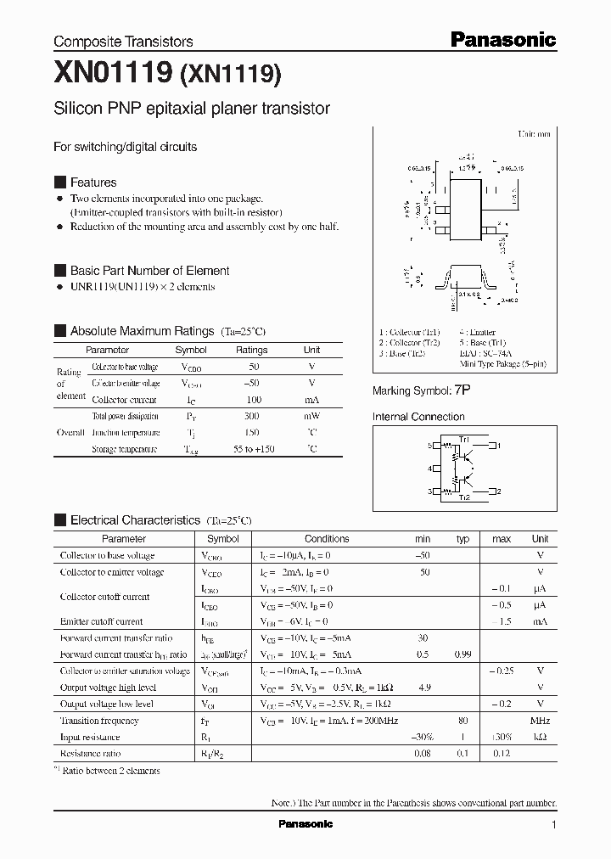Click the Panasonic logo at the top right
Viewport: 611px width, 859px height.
coord(502,39)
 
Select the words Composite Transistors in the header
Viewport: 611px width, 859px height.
coord(123,42)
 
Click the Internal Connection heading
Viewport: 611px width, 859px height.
coord(418,417)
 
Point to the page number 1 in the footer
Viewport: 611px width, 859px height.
coord(554,825)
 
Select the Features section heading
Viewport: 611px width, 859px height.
coord(92,182)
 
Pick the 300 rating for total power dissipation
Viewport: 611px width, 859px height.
coord(251,417)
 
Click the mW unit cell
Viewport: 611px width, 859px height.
coord(311,417)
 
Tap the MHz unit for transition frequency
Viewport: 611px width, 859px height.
coord(540,721)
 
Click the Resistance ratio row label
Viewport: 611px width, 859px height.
coord(90,753)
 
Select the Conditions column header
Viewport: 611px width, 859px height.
coord(327,539)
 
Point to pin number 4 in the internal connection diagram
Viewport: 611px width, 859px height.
coord(430,469)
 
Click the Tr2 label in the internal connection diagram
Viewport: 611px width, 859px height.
coord(464,497)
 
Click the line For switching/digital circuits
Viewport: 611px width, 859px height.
coord(125,147)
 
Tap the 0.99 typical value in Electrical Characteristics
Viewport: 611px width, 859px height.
coord(462,655)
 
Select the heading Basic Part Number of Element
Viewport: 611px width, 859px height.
coord(149,271)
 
